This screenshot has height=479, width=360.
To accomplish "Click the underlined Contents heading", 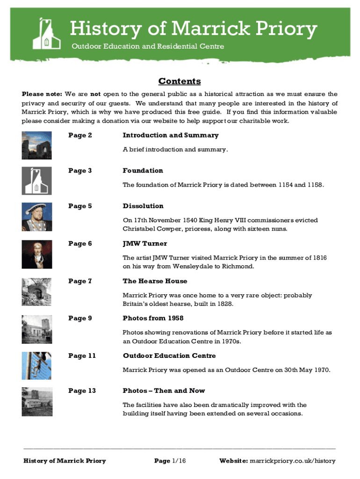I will point(180,81).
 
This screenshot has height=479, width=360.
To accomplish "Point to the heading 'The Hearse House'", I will point(155,281).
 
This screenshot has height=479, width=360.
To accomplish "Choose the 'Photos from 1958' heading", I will point(153,319).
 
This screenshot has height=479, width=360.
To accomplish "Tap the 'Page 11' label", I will point(81,356).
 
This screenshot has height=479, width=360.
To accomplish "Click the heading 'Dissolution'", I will point(143,206).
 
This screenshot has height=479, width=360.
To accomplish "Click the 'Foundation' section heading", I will point(143,171).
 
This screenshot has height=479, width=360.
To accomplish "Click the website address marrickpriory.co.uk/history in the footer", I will point(293,461).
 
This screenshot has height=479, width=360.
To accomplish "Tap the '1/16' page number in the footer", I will point(179,461).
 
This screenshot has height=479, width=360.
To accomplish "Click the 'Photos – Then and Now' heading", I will point(164,391).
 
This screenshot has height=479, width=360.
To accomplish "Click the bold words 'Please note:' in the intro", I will point(39,94).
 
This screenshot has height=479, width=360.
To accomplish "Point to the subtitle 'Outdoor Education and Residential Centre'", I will point(147,46).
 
